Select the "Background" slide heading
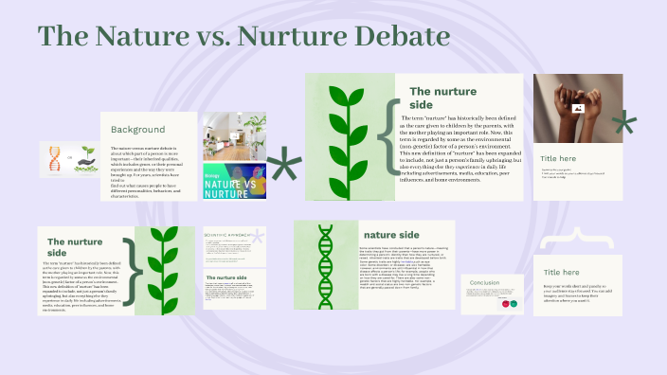[137, 129]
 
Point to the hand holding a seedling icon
[86, 155]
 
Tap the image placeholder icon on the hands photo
[576, 108]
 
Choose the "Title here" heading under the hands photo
[559, 158]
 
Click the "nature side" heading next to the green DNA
[390, 234]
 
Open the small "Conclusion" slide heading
[485, 282]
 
